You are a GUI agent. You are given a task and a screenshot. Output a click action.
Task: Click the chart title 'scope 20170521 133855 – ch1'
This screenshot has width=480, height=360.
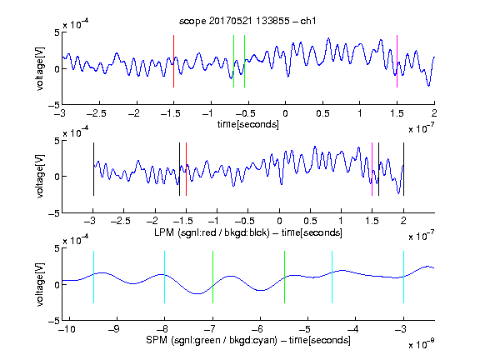[x=247, y=21]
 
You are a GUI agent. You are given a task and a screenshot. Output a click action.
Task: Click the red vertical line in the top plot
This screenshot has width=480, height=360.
[x=173, y=61]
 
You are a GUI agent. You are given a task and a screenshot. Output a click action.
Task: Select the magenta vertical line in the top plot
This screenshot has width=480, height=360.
[x=397, y=61]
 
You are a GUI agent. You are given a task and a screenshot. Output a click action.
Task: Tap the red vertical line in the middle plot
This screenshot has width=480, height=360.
[x=186, y=169]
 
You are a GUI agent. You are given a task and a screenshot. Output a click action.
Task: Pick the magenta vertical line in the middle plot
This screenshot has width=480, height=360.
[x=372, y=169]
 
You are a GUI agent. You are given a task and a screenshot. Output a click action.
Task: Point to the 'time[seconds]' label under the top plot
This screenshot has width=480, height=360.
[x=248, y=124]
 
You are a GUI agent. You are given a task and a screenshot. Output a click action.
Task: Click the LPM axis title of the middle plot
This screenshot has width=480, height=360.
[x=248, y=232]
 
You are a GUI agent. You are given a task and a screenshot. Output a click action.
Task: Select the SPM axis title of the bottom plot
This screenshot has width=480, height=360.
[x=248, y=340]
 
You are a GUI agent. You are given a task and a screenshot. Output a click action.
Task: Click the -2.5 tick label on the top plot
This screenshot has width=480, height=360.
[x=96, y=113]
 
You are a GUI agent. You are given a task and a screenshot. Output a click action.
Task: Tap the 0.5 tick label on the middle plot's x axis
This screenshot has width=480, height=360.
[x=310, y=221]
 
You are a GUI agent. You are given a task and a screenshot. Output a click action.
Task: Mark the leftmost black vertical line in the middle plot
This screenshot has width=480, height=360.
[x=93, y=169]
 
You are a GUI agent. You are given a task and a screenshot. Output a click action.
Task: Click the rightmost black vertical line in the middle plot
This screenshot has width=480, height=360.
[x=404, y=169]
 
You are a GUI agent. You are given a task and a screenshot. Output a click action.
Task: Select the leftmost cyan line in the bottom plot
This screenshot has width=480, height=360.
[x=93, y=277]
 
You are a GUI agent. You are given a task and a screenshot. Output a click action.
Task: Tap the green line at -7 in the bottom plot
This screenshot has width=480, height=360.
[x=212, y=277]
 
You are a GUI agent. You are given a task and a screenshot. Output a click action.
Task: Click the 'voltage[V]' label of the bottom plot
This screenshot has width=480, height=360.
[x=40, y=284]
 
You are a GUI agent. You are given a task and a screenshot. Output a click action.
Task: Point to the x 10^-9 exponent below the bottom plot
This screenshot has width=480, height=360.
[x=422, y=344]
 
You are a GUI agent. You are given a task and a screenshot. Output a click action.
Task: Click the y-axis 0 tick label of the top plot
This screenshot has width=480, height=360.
[x=57, y=69]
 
